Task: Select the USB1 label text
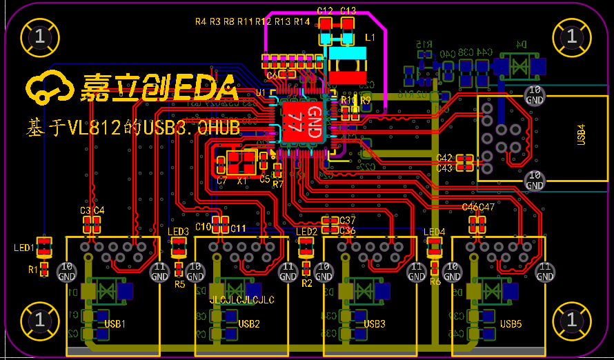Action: pyautogui.click(x=115, y=323)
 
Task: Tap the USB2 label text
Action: pyautogui.click(x=249, y=323)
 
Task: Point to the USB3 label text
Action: pyautogui.click(x=375, y=323)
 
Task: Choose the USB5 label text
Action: pyautogui.click(x=511, y=323)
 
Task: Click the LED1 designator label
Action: pyautogui.click(x=24, y=248)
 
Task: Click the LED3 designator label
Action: pyautogui.click(x=179, y=232)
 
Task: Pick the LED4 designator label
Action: pyautogui.click(x=435, y=232)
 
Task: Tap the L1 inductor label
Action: pyautogui.click(x=370, y=36)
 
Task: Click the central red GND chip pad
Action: pyautogui.click(x=301, y=123)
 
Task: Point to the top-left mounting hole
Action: pyautogui.click(x=39, y=35)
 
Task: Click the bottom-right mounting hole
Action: pyautogui.click(x=571, y=320)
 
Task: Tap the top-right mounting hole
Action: pyautogui.click(x=571, y=35)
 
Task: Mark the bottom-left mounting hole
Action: pyautogui.click(x=39, y=320)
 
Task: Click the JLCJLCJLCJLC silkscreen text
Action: pyautogui.click(x=241, y=300)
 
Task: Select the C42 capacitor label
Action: pyautogui.click(x=444, y=159)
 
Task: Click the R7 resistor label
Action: pyautogui.click(x=278, y=184)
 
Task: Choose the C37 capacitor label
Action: pyautogui.click(x=348, y=220)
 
